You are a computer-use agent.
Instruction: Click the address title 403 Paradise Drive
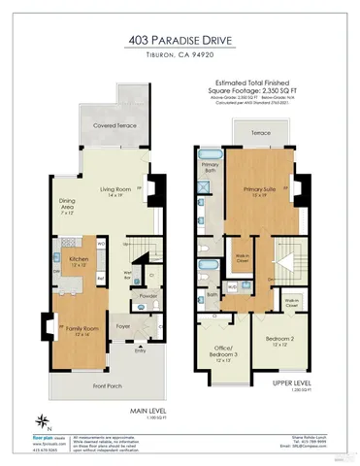pos(180,41)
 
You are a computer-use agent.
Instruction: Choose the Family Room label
pos(78,331)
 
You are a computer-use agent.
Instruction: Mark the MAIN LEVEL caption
pos(147,412)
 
